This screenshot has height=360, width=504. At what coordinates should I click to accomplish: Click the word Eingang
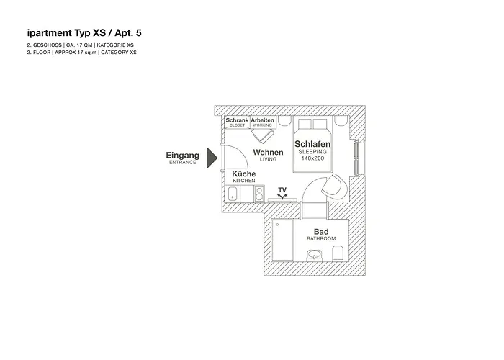183,156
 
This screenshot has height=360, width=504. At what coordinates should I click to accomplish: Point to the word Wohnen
268,153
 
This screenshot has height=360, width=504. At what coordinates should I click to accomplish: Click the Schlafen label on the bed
312,145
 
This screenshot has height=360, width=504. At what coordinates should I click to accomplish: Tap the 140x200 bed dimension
312,159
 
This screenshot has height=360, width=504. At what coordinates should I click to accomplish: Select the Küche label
244,174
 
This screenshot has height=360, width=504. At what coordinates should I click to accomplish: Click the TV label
283,190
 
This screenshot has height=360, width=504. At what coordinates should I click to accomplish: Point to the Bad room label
321,231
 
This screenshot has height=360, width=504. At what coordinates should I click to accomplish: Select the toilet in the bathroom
336,253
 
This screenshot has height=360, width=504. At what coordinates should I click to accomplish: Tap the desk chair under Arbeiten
262,137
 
